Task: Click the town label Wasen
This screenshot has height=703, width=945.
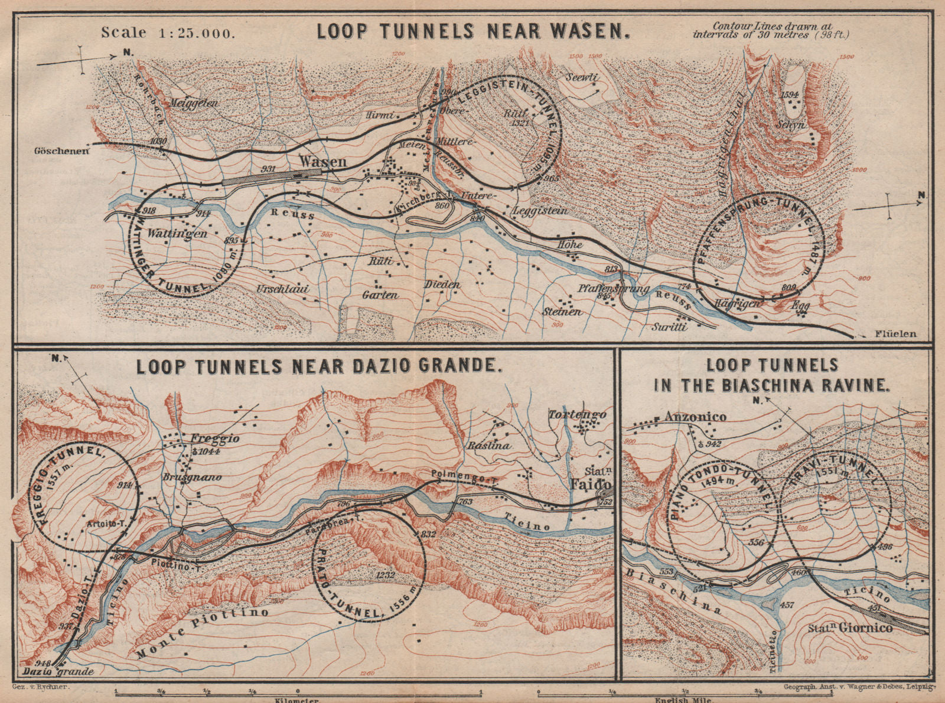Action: (323, 161)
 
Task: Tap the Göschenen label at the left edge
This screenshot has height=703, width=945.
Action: (62, 151)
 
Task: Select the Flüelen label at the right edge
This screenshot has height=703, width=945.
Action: (895, 334)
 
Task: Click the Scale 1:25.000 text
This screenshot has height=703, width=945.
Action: (168, 32)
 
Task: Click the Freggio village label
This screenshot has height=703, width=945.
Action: (214, 439)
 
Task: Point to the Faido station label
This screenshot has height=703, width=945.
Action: (591, 480)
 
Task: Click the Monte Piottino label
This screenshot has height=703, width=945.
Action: (203, 633)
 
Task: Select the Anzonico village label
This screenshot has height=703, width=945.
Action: (695, 417)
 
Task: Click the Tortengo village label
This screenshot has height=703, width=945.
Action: (578, 414)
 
